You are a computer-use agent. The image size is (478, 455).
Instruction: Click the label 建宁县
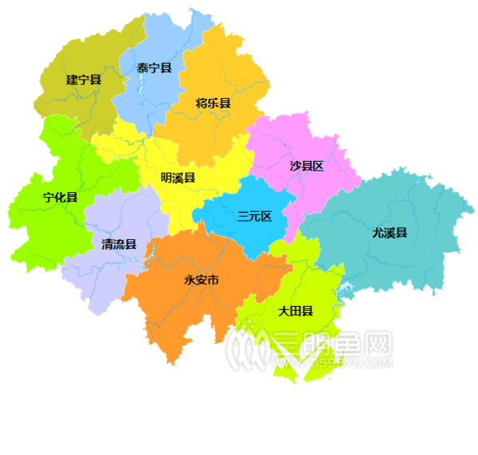pyautogui.click(x=83, y=80)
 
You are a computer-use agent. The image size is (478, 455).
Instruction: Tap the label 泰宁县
pyautogui.click(x=154, y=68)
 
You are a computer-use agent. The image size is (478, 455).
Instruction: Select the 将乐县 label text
pyautogui.click(x=213, y=103)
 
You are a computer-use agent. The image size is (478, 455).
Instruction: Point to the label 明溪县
pyautogui.click(x=178, y=178)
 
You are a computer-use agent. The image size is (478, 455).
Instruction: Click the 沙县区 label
pyautogui.click(x=307, y=167)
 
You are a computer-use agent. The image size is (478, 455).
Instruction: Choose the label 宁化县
pyautogui.click(x=61, y=197)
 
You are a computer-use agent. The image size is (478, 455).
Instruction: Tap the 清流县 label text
pyautogui.click(x=119, y=244)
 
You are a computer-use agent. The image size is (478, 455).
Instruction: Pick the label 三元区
pyautogui.click(x=255, y=216)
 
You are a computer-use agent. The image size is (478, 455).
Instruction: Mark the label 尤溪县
pyautogui.click(x=390, y=233)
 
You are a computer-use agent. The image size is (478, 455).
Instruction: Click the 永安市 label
pyautogui.click(x=202, y=280)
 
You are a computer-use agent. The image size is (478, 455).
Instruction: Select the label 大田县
pyautogui.click(x=295, y=310)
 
